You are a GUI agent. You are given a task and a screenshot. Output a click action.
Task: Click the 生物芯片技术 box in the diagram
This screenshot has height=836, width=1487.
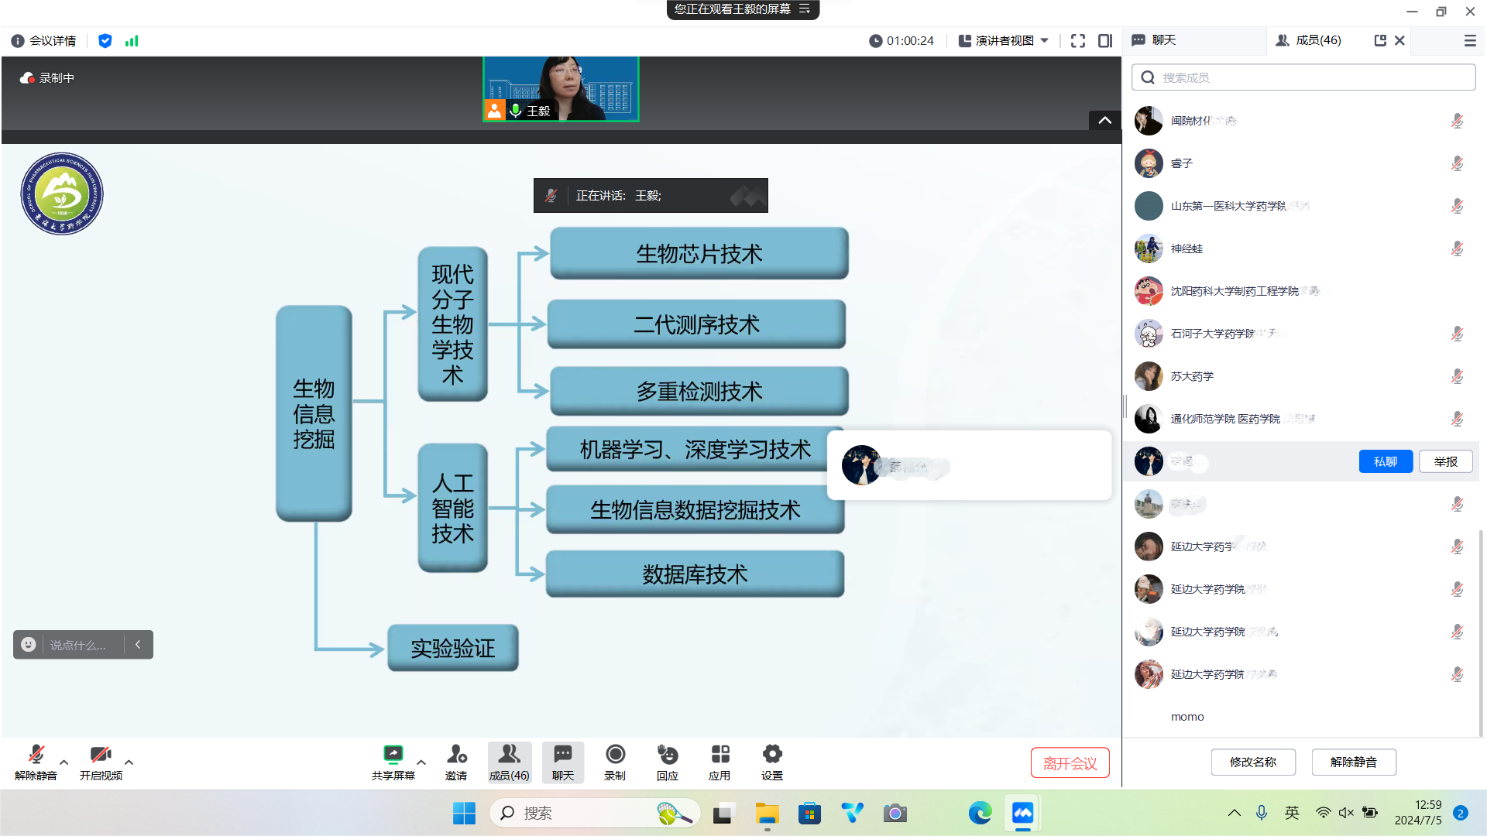(699, 253)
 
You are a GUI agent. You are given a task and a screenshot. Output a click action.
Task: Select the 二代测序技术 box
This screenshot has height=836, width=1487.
(696, 324)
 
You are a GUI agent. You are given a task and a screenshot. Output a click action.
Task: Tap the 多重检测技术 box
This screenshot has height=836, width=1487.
(699, 391)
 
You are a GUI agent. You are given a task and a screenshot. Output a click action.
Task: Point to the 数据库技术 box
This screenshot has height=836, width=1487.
(695, 574)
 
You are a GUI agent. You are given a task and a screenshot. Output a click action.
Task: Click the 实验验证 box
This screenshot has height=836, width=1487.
(452, 648)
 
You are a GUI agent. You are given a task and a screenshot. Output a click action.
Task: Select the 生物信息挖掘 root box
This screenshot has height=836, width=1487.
(314, 413)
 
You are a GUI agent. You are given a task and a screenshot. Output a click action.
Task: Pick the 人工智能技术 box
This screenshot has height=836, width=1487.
(452, 508)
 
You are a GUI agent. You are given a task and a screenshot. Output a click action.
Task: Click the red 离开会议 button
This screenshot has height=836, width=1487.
(1070, 763)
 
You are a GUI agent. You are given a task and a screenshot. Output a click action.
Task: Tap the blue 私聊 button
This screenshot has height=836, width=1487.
(1386, 461)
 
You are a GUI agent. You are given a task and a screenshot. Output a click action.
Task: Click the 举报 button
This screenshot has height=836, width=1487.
(1445, 461)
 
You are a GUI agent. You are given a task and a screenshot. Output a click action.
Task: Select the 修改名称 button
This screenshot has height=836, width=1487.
(1252, 762)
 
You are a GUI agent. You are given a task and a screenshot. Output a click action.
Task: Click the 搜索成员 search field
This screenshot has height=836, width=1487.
(1309, 77)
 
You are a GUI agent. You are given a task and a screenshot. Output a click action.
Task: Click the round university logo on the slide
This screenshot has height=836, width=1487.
(62, 194)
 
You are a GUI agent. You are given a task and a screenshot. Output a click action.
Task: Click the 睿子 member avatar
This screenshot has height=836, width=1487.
(1149, 163)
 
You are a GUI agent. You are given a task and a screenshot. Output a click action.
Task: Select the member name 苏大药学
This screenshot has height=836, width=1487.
(1192, 376)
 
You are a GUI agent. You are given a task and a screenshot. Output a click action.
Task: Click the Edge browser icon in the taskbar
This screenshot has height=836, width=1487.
(980, 813)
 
